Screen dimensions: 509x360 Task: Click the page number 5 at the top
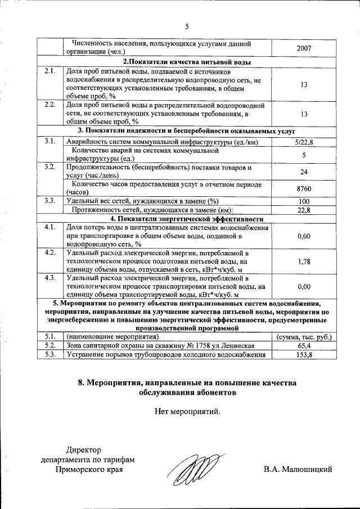pos(187,25)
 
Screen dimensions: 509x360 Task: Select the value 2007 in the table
pos(304,48)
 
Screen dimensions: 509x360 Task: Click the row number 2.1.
pos(49,71)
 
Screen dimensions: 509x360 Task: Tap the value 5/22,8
pos(304,142)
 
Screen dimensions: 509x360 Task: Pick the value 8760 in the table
pos(304,188)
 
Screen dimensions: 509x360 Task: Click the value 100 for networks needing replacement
pos(304,201)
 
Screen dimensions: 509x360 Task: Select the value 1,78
pos(304,261)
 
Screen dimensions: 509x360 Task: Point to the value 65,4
pos(304,345)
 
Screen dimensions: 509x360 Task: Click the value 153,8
pos(304,355)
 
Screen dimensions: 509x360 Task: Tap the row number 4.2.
pos(49,252)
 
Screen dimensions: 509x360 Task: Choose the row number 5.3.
pos(49,355)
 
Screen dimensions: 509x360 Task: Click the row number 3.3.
pos(49,201)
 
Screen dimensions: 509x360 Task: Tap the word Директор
pos(84,449)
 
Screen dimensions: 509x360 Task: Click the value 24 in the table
pos(304,172)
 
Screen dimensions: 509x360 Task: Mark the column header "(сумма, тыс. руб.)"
pos(304,336)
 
